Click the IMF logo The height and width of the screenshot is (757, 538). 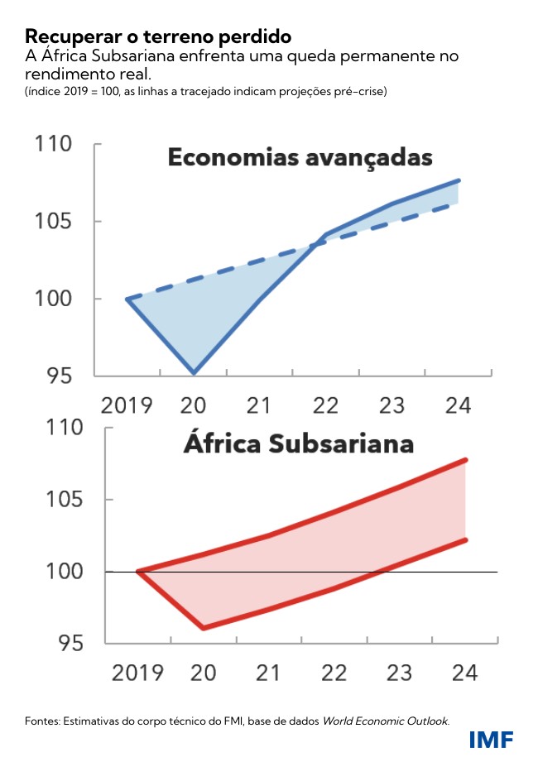[x=491, y=739]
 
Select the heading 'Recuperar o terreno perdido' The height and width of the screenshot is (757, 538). [x=158, y=36]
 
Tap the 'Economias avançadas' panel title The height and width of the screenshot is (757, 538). [x=300, y=157]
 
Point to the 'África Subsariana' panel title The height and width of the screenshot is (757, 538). [x=299, y=443]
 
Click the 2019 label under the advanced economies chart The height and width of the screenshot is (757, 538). [x=127, y=405]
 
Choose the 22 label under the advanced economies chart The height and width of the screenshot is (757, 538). [x=326, y=405]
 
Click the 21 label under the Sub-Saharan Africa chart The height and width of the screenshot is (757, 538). [x=267, y=673]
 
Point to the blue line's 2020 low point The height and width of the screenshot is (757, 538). [x=194, y=373]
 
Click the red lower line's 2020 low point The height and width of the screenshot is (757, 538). [x=204, y=628]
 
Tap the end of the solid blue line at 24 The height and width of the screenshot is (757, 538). [x=459, y=180]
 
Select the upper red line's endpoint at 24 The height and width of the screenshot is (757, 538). [x=466, y=460]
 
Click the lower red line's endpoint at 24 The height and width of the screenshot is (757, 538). [x=466, y=540]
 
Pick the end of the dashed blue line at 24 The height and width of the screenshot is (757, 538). [x=458, y=204]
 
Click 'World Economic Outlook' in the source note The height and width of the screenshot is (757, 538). [x=385, y=721]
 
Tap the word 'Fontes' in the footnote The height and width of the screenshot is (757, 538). [x=38, y=721]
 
